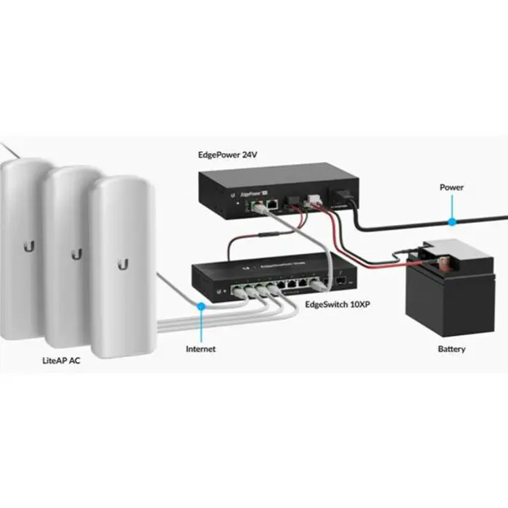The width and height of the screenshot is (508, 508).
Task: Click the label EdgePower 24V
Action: (x=229, y=155)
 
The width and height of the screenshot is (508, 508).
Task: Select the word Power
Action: (x=451, y=187)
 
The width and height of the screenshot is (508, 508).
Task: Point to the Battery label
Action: (x=451, y=349)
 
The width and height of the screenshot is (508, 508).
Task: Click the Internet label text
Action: (x=201, y=349)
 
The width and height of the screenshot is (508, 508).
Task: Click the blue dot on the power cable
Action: (x=451, y=217)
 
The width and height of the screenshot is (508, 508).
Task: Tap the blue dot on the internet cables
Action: (x=201, y=307)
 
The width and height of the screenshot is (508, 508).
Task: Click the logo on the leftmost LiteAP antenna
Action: (x=28, y=246)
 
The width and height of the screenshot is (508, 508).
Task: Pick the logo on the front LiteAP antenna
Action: (x=120, y=263)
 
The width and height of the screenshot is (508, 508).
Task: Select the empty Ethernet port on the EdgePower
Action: (x=270, y=206)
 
